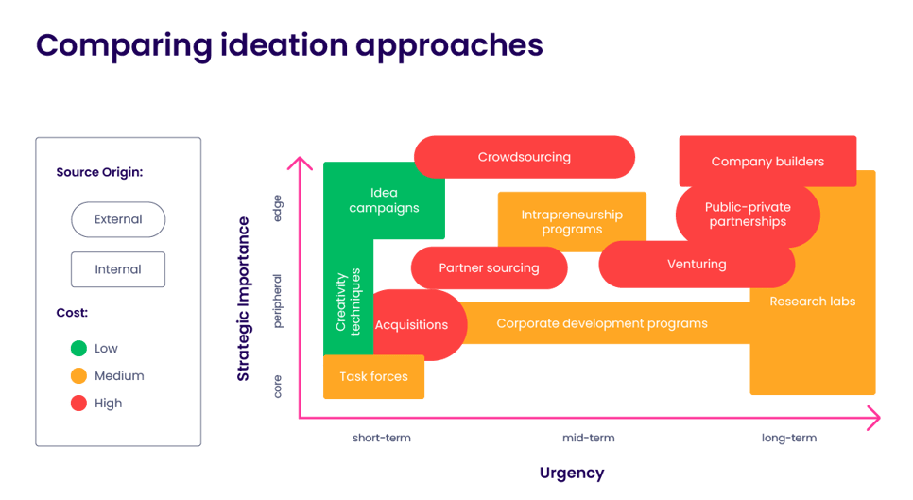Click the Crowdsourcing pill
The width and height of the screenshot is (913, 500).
click(x=525, y=157)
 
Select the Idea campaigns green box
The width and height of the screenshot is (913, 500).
click(x=383, y=200)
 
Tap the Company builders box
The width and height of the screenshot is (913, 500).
click(x=767, y=162)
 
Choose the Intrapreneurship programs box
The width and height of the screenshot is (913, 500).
click(x=572, y=222)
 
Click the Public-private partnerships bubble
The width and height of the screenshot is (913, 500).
click(x=747, y=215)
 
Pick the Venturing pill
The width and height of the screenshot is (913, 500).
click(x=697, y=265)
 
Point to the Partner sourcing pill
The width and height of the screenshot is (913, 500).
click(x=489, y=268)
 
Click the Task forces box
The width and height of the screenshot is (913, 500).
click(x=373, y=377)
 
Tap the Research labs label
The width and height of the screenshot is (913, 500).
click(x=812, y=302)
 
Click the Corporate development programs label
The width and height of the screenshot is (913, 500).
click(x=601, y=323)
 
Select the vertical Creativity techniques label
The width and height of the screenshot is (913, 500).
click(x=349, y=301)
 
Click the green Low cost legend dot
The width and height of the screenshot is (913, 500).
click(x=78, y=349)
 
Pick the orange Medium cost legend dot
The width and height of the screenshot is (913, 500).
click(x=78, y=376)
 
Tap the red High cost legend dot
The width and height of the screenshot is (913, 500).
click(x=78, y=404)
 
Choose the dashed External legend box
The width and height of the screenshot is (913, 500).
click(x=118, y=219)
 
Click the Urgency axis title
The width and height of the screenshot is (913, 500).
click(x=572, y=473)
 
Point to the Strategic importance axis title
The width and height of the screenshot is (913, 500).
click(x=244, y=299)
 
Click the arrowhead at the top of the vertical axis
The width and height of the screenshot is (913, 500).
click(x=300, y=163)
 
